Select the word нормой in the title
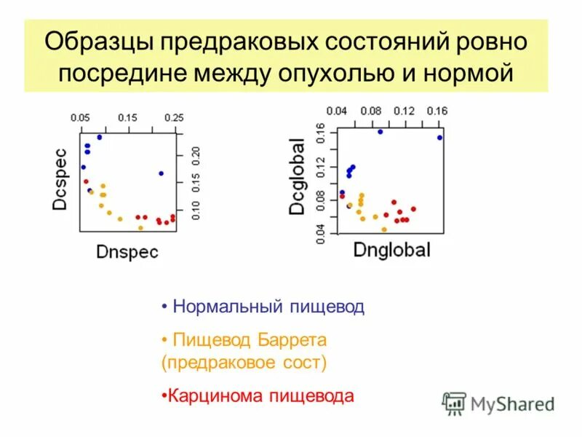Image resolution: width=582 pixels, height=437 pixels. coord(471,74)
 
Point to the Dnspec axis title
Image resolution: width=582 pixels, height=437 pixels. coord(127,251)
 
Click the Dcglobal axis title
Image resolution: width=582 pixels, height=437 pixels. coord(298,177)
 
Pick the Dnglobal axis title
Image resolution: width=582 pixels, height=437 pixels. coord(391,250)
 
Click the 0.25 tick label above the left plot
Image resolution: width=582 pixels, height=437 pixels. coord(173,117)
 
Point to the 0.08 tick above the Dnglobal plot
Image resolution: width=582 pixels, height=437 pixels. coord(370,111)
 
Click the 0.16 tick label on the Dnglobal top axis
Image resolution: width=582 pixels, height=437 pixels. coord(436,111)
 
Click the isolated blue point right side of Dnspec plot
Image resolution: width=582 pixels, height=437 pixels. coord(161,173)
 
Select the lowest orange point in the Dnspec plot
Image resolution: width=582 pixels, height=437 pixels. coord(140,228)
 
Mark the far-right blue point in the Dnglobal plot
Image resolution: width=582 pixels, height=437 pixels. coord(440,137)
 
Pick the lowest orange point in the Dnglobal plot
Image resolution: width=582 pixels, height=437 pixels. coord(384,229)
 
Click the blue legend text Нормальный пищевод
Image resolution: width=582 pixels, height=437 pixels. coord(268,307)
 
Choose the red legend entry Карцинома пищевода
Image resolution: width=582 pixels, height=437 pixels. coord(260,396)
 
